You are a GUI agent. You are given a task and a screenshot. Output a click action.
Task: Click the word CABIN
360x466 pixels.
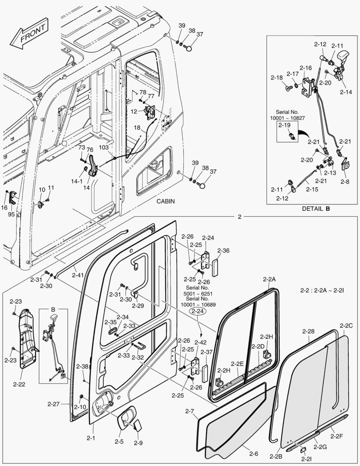[x=166, y=201]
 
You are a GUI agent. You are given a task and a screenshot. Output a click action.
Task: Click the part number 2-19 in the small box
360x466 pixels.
[x=285, y=126]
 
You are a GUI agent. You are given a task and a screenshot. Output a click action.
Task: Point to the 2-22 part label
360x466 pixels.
[x=19, y=383]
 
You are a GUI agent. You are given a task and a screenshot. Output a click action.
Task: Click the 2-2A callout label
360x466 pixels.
[x=269, y=279]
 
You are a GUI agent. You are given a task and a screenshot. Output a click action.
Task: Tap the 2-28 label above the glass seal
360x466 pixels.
[x=308, y=331]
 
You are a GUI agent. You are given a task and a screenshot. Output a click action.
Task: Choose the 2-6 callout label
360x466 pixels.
[x=254, y=453]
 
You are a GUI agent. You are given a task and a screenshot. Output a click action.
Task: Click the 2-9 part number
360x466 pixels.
[x=138, y=443]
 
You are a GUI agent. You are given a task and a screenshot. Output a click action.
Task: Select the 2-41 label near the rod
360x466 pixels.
[x=78, y=275]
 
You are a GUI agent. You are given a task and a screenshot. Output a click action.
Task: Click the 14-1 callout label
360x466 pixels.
[x=77, y=182]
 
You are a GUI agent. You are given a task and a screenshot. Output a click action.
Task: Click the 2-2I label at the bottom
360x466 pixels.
[x=305, y=460]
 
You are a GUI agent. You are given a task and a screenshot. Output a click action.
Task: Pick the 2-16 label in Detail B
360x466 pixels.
[x=305, y=68]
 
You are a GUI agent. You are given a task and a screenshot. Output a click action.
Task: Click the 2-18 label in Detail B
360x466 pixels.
[x=276, y=78]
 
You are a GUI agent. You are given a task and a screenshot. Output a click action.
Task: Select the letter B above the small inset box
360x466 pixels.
[x=53, y=309]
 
